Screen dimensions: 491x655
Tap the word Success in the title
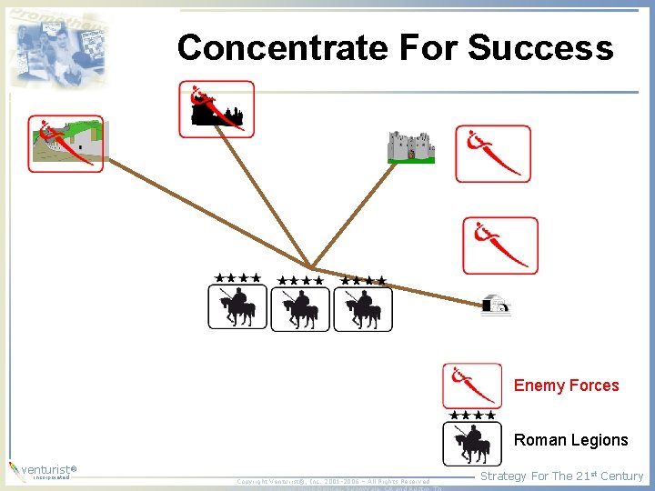pos(540,47)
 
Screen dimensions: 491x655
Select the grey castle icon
pos(411,146)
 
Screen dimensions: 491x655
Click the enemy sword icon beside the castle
pos(493,154)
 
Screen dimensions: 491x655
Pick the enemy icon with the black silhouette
pos(217,109)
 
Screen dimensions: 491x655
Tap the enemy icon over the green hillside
pos(65,143)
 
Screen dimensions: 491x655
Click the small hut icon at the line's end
pos(496,305)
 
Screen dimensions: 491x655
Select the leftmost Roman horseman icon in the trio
pos(237,306)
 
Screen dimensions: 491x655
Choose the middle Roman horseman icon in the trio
pos(300,308)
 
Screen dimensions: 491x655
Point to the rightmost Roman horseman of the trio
pos(363,308)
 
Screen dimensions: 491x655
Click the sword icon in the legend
pos(472,386)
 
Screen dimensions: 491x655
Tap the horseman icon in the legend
pos(472,443)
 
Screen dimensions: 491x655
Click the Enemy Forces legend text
pos(566,386)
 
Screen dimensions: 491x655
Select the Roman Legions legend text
pos(570,440)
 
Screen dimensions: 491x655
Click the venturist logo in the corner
pos(42,471)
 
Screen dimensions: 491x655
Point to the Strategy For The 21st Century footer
pos(561,476)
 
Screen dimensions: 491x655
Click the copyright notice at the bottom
pos(333,481)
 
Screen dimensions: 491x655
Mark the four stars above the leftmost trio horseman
pos(237,277)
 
